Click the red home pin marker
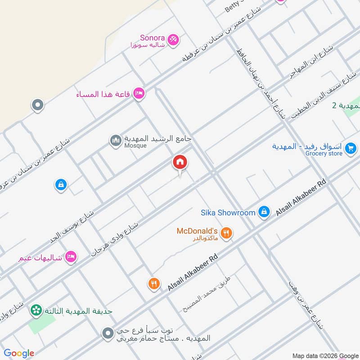point(180,162)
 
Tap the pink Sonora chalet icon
point(173,40)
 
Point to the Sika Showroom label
point(228,212)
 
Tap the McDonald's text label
point(197,231)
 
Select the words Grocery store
point(324,153)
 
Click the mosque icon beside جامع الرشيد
point(116,141)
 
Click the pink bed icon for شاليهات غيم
point(71,257)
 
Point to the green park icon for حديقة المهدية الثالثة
point(36,310)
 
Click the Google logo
point(19,353)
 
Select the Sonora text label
point(152,38)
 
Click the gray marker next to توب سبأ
point(108,334)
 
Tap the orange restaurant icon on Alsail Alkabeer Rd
point(154,284)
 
